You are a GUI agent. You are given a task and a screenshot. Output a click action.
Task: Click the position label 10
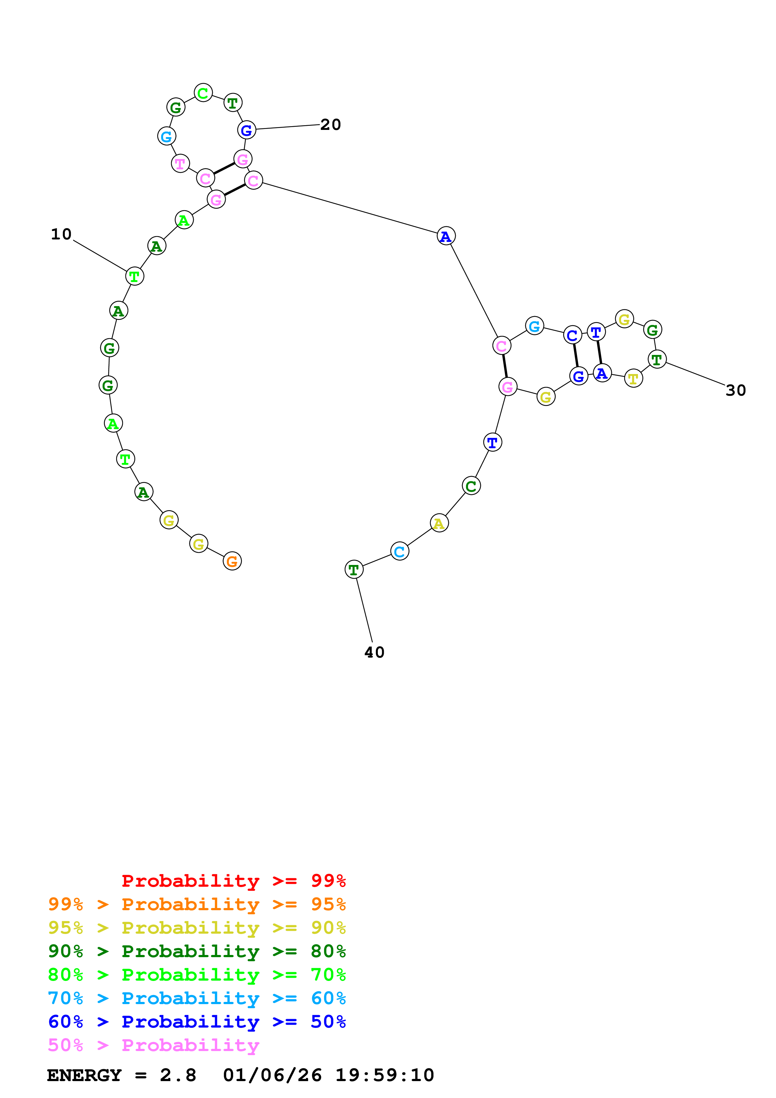[x=61, y=234]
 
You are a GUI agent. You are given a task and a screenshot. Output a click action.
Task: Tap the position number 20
[x=330, y=125]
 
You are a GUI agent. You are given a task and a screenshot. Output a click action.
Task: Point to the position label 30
[x=735, y=391]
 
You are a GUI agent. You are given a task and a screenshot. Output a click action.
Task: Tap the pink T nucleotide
[x=180, y=164]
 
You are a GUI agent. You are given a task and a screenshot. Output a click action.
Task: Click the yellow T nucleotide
[x=634, y=378]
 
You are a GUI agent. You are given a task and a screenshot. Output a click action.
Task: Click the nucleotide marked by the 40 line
[x=354, y=570]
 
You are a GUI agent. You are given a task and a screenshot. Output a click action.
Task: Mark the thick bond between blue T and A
[x=599, y=352]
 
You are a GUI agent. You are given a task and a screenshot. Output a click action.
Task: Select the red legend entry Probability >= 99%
[x=233, y=881]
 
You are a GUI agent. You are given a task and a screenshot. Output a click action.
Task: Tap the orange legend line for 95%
[x=197, y=904]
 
